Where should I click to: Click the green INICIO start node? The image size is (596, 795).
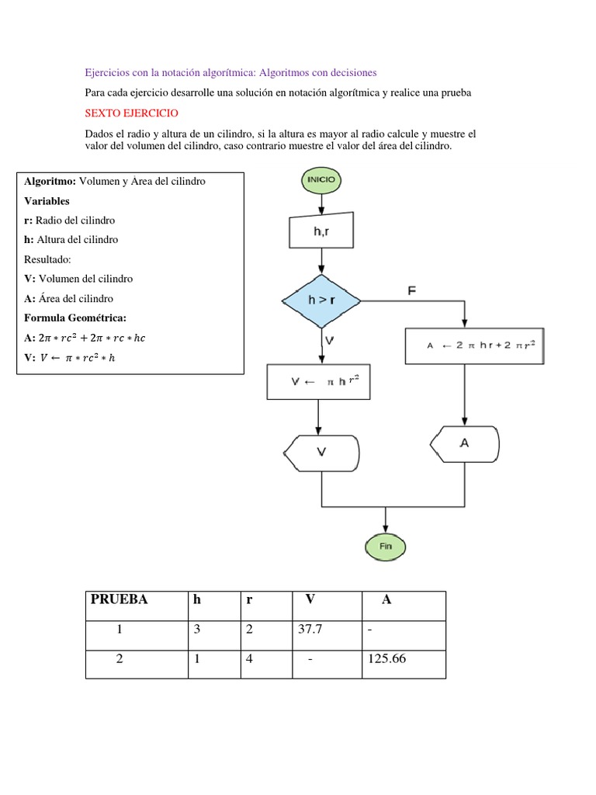tap(321, 180)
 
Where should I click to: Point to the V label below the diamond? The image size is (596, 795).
tap(330, 340)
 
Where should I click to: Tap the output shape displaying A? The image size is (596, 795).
tap(464, 443)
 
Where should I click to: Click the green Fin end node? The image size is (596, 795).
tap(386, 547)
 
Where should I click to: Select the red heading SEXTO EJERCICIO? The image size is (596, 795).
tap(131, 113)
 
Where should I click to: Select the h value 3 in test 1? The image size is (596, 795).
tap(198, 630)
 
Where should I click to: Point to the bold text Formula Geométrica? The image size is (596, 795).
tap(74, 318)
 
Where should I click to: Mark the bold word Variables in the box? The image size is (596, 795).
tap(47, 200)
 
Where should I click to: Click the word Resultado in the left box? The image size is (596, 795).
tap(48, 259)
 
